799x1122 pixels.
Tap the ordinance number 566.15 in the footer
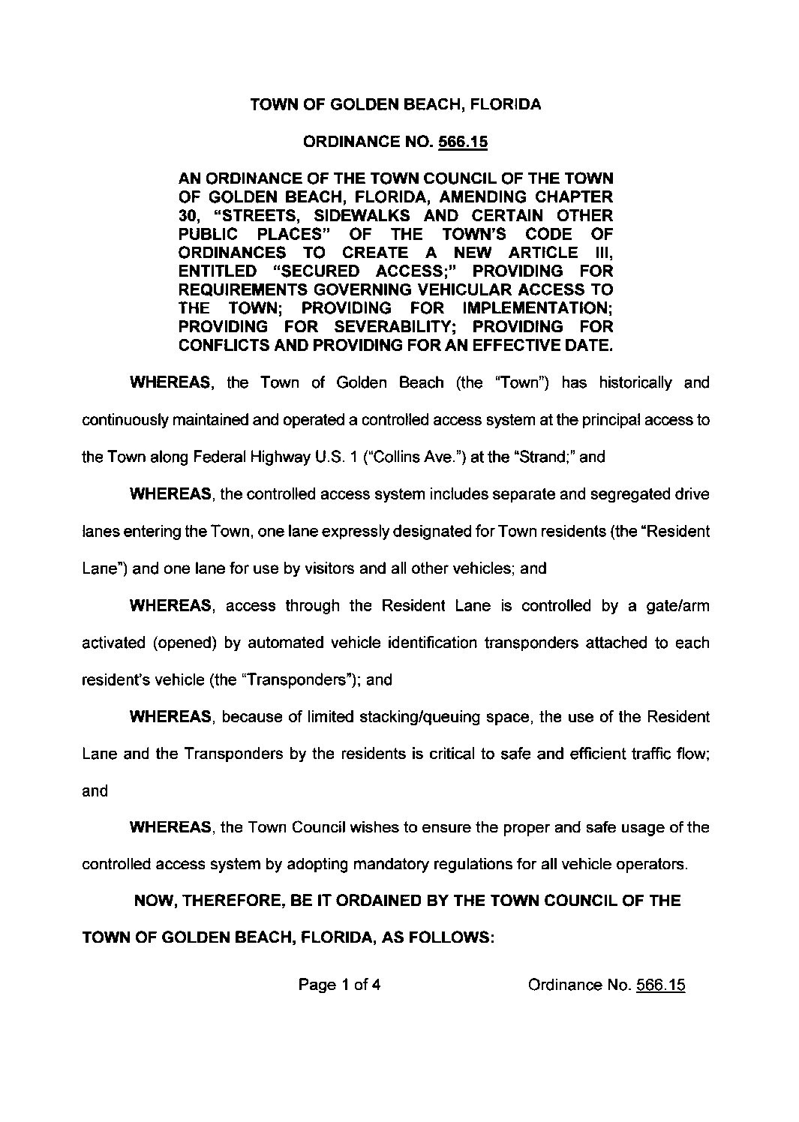tap(660, 985)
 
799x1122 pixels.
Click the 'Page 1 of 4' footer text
tap(339, 985)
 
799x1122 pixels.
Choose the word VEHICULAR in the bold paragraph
tap(471, 289)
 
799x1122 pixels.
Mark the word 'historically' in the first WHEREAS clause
tap(635, 383)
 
